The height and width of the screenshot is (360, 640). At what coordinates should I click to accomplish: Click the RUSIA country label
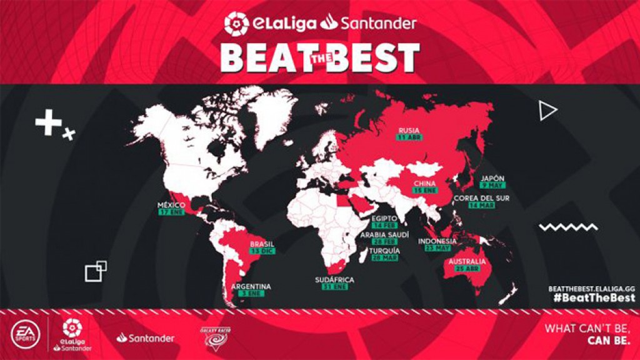(409, 131)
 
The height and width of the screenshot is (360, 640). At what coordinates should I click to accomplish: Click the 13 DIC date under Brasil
(262, 251)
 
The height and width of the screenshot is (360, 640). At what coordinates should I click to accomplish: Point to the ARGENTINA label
(251, 287)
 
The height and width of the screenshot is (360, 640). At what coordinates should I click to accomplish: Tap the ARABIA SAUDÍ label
(384, 234)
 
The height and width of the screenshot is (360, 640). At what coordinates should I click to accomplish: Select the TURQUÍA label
(384, 250)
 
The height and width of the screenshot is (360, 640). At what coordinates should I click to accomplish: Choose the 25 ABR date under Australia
(466, 269)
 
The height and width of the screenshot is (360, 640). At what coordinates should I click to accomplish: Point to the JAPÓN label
(492, 177)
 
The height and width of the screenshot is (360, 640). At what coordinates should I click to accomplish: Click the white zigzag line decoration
(568, 227)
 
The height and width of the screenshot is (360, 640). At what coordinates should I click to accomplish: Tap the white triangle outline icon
(547, 111)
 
